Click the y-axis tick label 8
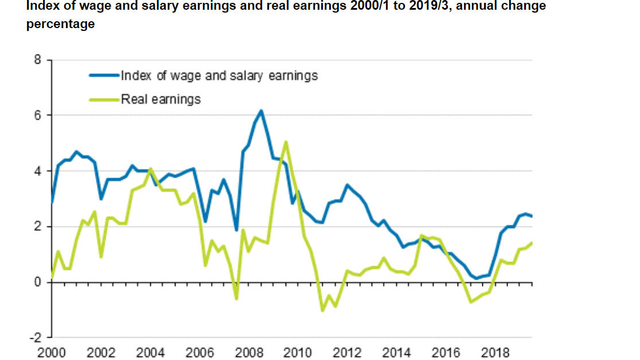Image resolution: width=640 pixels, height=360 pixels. [38, 60]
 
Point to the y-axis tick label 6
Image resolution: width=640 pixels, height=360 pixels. [38, 115]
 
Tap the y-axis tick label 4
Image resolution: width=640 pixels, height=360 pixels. [38, 171]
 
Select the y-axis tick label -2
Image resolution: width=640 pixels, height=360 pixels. [36, 338]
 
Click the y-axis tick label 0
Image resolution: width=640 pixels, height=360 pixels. [38, 282]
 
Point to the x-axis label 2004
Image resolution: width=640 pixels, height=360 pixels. [150, 353]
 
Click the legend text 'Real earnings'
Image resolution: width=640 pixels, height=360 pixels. [161, 99]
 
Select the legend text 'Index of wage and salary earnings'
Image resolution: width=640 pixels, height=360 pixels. [219, 75]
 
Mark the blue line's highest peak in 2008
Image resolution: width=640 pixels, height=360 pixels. [261, 111]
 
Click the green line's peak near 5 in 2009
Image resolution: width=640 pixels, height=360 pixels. [286, 142]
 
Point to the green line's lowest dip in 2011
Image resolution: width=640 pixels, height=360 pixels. [322, 310]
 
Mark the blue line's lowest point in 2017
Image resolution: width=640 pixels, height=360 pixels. [477, 278]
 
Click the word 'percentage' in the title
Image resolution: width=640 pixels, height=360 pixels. [60, 25]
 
